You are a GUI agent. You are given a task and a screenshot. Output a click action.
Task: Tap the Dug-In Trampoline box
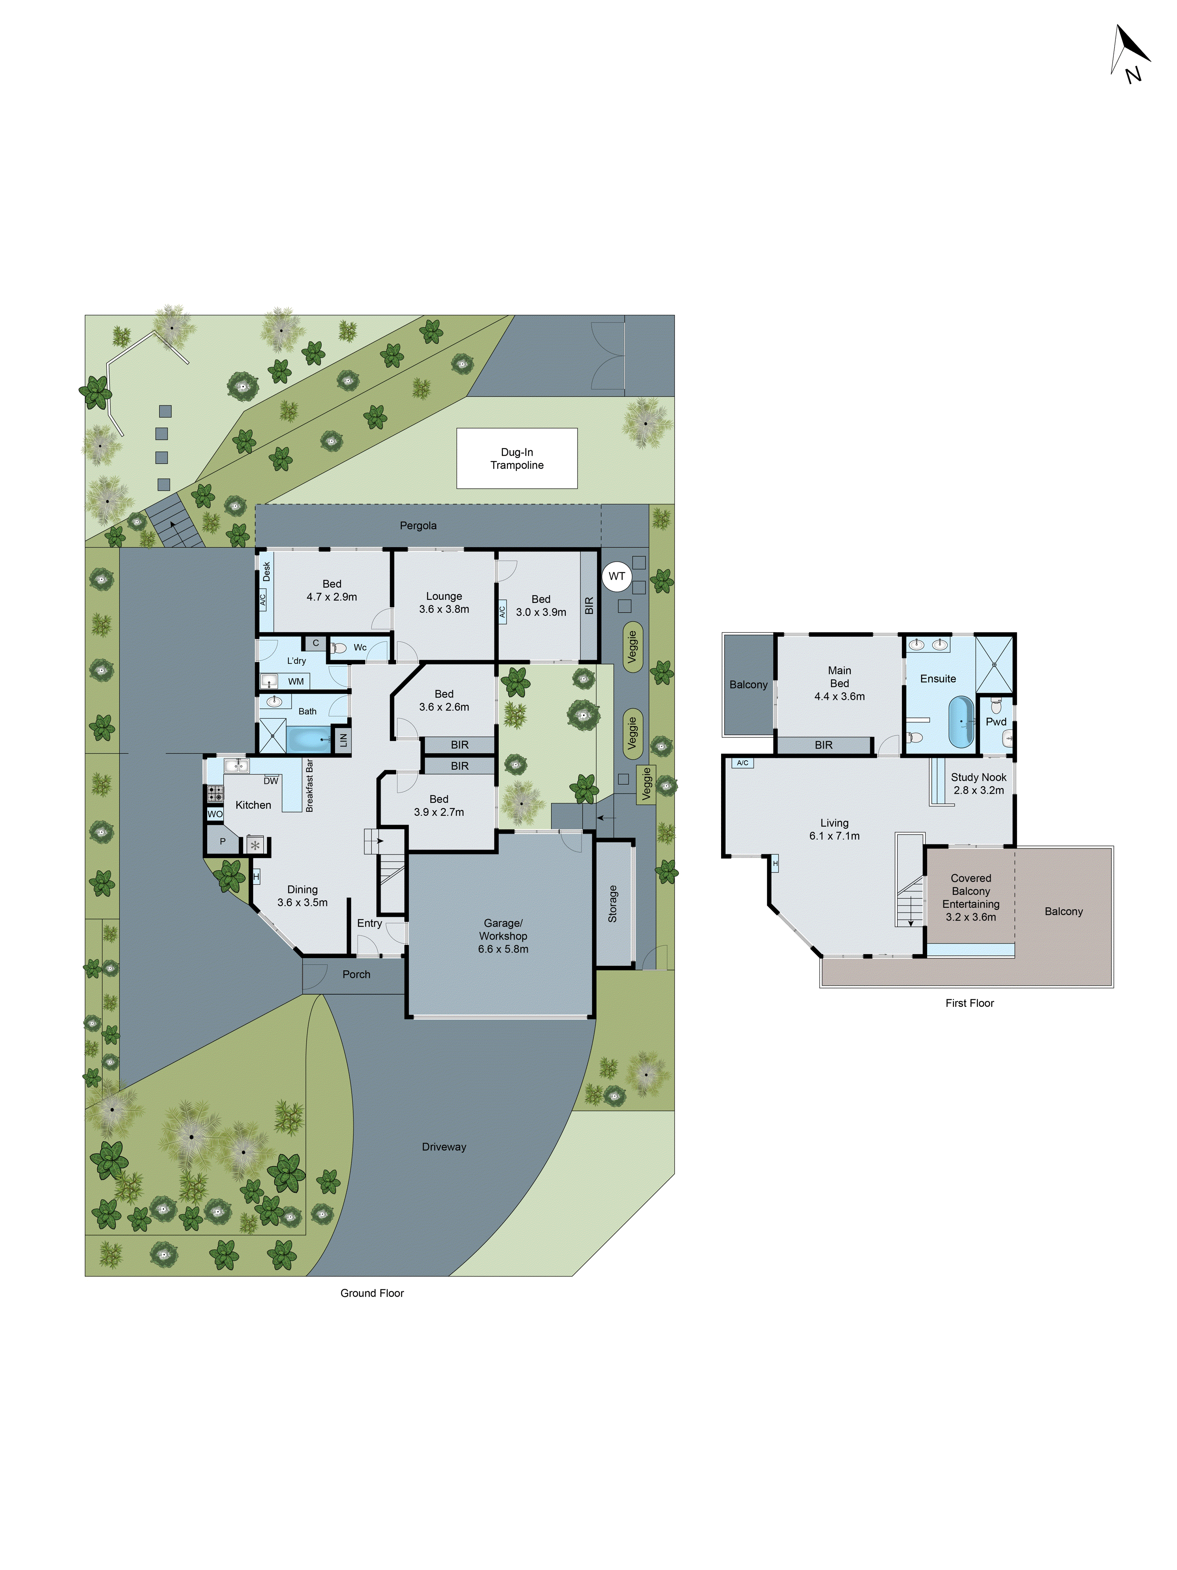pyautogui.click(x=516, y=458)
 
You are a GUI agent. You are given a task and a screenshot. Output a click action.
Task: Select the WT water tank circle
pyautogui.click(x=616, y=576)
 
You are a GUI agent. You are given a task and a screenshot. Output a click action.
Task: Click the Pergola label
pyautogui.click(x=418, y=525)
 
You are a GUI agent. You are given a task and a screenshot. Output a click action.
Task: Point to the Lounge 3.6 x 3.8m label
pyautogui.click(x=443, y=602)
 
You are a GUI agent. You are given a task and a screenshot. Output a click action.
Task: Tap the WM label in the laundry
pyautogui.click(x=296, y=681)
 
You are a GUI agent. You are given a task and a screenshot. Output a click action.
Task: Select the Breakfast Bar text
pyautogui.click(x=309, y=786)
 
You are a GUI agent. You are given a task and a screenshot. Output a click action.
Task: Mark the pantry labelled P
pyautogui.click(x=222, y=842)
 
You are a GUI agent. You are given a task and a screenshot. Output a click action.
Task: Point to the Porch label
pyautogui.click(x=356, y=975)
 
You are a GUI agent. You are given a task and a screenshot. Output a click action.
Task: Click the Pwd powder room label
pyautogui.click(x=995, y=722)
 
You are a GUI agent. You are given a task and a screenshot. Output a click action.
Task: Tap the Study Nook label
pyautogui.click(x=978, y=783)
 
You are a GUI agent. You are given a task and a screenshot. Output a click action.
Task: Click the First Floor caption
pyautogui.click(x=969, y=1003)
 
